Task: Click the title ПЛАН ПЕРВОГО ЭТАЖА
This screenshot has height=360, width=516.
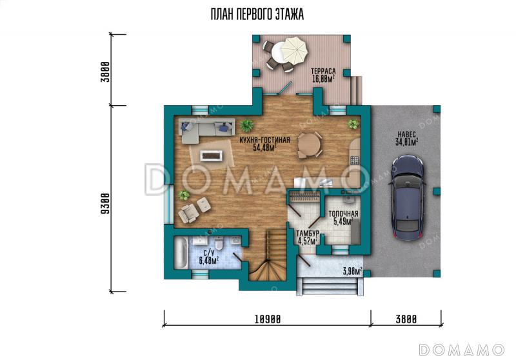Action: pyautogui.click(x=257, y=14)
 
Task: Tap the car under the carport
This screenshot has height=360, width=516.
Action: pyautogui.click(x=408, y=198)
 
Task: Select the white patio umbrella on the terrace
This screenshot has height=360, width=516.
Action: pyautogui.click(x=295, y=51)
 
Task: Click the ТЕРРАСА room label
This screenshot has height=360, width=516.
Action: pyautogui.click(x=323, y=71)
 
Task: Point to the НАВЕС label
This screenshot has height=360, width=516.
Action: pyautogui.click(x=407, y=134)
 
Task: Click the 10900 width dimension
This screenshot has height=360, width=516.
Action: pyautogui.click(x=268, y=319)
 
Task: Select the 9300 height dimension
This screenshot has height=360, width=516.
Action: pyautogui.click(x=105, y=204)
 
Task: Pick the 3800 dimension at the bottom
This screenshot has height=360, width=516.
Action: pyautogui.click(x=406, y=319)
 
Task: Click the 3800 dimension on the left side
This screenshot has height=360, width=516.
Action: pyautogui.click(x=105, y=72)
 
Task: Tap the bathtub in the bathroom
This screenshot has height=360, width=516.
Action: pyautogui.click(x=181, y=253)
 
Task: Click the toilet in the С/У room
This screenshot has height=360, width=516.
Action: pyautogui.click(x=219, y=243)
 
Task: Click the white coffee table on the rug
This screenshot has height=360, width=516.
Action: pyautogui.click(x=212, y=155)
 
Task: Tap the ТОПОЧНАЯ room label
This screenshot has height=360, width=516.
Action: pyautogui.click(x=343, y=214)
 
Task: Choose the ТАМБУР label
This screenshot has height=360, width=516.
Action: pyautogui.click(x=308, y=234)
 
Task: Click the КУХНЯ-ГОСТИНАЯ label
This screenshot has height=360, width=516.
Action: pyautogui.click(x=265, y=140)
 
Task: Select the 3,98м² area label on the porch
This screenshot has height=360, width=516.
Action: pyautogui.click(x=352, y=271)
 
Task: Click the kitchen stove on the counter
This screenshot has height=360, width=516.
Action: pyautogui.click(x=355, y=160)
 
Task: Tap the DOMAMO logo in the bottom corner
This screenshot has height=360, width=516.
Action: pyautogui.click(x=462, y=350)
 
